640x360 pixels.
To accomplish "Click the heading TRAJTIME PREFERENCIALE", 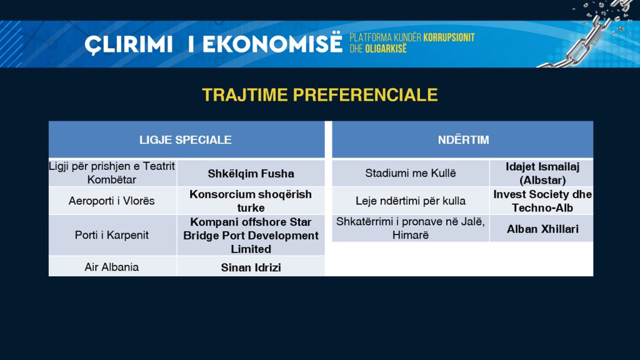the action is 319,95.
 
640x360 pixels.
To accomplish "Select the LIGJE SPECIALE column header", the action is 186,139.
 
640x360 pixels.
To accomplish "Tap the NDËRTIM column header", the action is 463,139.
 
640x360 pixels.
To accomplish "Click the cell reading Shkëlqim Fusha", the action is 251,174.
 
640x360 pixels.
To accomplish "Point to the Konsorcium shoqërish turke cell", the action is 251,201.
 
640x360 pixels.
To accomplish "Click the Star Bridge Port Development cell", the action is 251,235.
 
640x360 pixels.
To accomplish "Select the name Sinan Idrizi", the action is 251,267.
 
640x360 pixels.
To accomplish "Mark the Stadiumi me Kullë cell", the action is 411,173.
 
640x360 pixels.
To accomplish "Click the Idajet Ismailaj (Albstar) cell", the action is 542,173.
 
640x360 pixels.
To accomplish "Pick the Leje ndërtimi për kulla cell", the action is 411,201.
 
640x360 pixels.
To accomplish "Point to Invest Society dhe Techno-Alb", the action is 542,201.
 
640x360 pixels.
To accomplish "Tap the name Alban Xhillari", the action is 542,229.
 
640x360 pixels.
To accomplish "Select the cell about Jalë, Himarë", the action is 411,228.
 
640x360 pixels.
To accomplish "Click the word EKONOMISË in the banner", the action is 272,44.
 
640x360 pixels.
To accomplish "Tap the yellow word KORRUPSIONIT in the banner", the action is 449,37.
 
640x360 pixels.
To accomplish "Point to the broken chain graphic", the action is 587,35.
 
